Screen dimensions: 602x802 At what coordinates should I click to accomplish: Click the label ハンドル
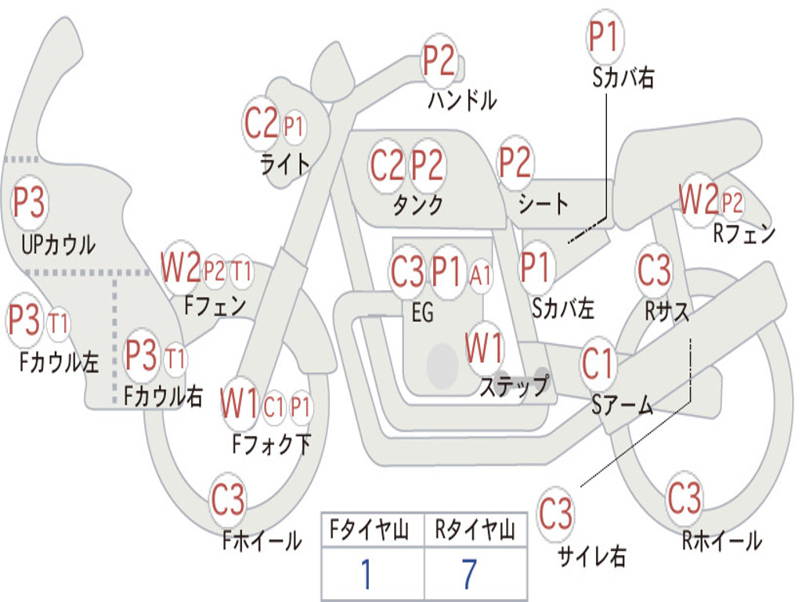(x=462, y=100)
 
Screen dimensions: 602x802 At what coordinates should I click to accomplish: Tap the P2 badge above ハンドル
(x=439, y=60)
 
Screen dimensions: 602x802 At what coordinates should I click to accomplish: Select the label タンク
(x=417, y=205)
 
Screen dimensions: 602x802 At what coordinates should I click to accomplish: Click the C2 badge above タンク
(x=388, y=165)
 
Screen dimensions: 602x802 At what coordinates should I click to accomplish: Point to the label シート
(x=544, y=205)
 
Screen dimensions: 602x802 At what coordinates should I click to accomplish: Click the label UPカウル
(x=58, y=245)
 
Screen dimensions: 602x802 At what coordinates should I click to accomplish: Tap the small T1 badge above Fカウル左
(x=59, y=323)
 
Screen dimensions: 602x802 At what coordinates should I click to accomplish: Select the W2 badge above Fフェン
(x=181, y=268)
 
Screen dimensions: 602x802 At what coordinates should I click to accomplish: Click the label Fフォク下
(x=271, y=445)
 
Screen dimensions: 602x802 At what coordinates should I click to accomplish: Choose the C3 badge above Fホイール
(x=228, y=500)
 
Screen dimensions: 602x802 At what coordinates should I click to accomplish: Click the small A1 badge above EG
(x=481, y=275)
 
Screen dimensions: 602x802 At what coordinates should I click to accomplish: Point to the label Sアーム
(x=623, y=405)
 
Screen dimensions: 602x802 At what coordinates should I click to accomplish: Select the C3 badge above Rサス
(x=654, y=270)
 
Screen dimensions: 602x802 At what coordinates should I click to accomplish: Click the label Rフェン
(x=743, y=234)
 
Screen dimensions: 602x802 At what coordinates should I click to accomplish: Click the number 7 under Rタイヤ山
(x=468, y=574)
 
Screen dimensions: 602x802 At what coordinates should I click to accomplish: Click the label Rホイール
(x=721, y=540)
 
